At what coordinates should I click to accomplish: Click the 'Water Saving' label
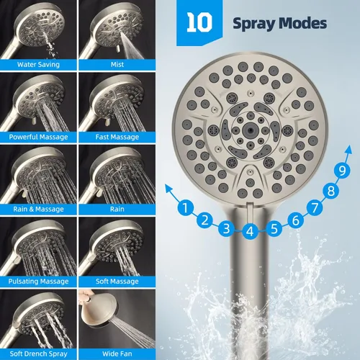pos(38,64)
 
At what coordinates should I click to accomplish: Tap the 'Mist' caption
pos(117,64)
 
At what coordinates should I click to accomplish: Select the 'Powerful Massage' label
pos(38,137)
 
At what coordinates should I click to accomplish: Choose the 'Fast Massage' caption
pos(117,137)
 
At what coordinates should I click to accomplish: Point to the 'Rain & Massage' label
pos(38,209)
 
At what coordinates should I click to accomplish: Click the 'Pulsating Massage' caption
pos(38,281)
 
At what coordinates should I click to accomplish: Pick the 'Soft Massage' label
pos(117,281)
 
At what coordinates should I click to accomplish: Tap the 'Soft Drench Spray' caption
pos(38,354)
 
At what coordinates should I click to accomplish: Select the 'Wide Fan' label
pos(117,354)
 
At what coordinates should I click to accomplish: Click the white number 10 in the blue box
pos(199,22)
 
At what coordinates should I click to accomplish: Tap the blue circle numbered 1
pos(185,207)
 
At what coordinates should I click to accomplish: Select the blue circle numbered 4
pos(250,231)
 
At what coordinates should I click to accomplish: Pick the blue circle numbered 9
pos(342,171)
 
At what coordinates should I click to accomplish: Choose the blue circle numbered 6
pos(296,220)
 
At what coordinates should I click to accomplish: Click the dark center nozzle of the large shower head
pos(250,130)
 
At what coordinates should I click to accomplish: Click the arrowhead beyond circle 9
pos(348,150)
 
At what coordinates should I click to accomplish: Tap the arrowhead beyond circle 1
pos(168,188)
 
